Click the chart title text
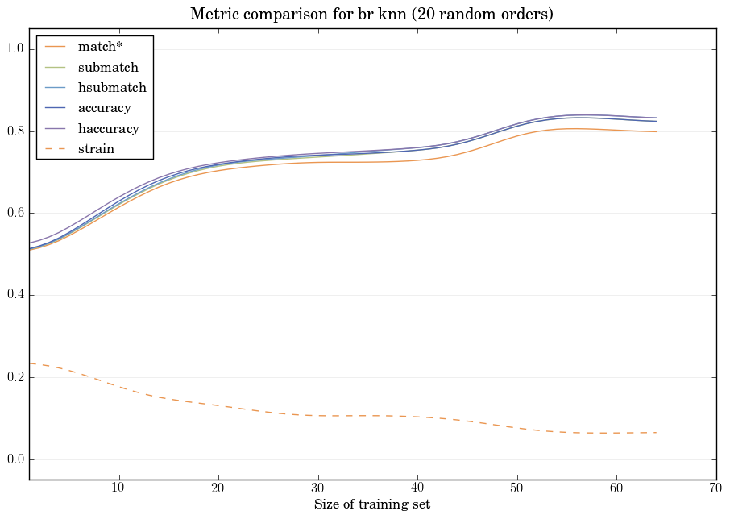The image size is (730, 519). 371,15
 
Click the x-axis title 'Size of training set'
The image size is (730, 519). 371,505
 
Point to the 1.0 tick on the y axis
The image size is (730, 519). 14,49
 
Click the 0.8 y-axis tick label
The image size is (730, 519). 14,131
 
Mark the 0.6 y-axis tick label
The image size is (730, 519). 14,214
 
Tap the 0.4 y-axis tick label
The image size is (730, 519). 14,296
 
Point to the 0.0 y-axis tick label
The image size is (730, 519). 14,459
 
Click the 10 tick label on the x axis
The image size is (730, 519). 118,488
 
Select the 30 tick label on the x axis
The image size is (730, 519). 317,488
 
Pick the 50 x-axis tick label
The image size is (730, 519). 516,488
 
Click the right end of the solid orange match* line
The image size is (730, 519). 655,131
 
